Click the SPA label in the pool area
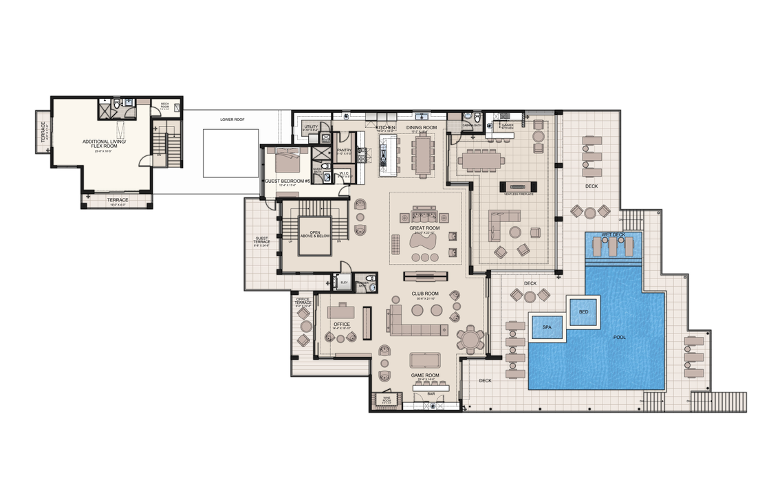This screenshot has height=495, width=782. coord(547,327)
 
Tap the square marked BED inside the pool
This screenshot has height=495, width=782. coord(583,311)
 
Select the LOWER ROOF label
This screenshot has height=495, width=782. coord(232,120)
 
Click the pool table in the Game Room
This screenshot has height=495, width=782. coord(427,361)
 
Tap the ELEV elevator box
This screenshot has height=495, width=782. coord(343,283)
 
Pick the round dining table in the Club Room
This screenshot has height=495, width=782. coord(470,339)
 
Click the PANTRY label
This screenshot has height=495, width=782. coord(344,149)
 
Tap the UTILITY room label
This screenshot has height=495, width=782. coord(311,126)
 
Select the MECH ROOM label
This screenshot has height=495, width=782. coord(165,104)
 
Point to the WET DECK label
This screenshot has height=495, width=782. coord(613,235)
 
